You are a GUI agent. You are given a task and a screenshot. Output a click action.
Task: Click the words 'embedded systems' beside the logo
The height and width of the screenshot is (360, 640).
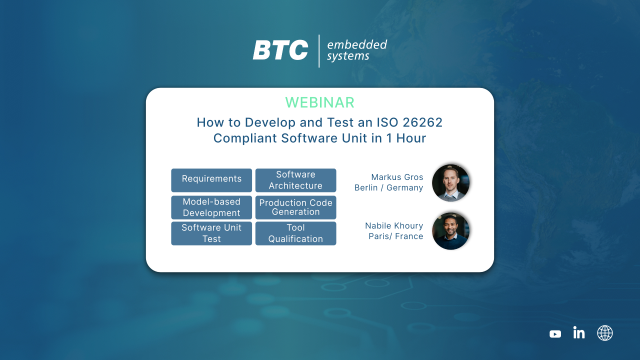point(356,51)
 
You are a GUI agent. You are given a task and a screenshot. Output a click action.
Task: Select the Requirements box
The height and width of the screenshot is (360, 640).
point(211,180)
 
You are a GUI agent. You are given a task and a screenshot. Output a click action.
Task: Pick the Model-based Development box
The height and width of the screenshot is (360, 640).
point(211,207)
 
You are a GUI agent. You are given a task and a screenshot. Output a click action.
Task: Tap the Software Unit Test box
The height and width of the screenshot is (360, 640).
point(211,233)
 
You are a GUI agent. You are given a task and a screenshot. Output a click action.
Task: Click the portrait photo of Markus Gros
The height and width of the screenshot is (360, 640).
point(451,181)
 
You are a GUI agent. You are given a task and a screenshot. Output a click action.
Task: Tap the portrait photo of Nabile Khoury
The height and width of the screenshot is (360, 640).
point(451,231)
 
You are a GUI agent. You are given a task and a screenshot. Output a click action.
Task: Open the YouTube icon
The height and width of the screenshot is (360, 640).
point(556,333)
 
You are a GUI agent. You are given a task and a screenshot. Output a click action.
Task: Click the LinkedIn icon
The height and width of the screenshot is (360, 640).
point(579,333)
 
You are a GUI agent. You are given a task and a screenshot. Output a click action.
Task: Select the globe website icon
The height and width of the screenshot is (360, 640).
point(605,333)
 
